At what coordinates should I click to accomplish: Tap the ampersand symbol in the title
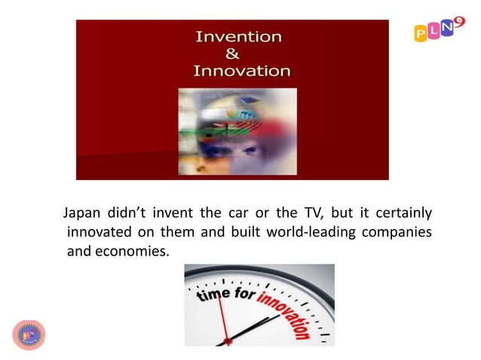(x=233, y=53)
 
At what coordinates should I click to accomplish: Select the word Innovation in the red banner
(x=242, y=72)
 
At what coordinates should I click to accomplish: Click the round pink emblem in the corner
(x=29, y=334)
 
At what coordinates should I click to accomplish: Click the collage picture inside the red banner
(x=237, y=131)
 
